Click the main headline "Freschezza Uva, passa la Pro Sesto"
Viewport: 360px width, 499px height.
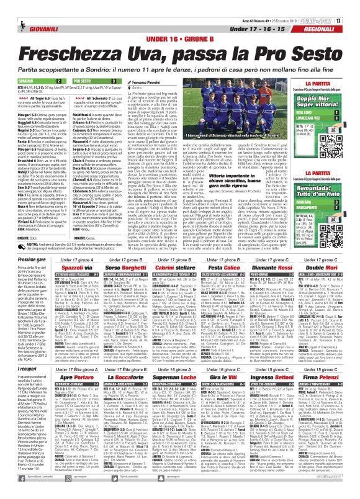click(179, 42)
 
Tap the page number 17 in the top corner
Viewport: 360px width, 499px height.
click(355, 6)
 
